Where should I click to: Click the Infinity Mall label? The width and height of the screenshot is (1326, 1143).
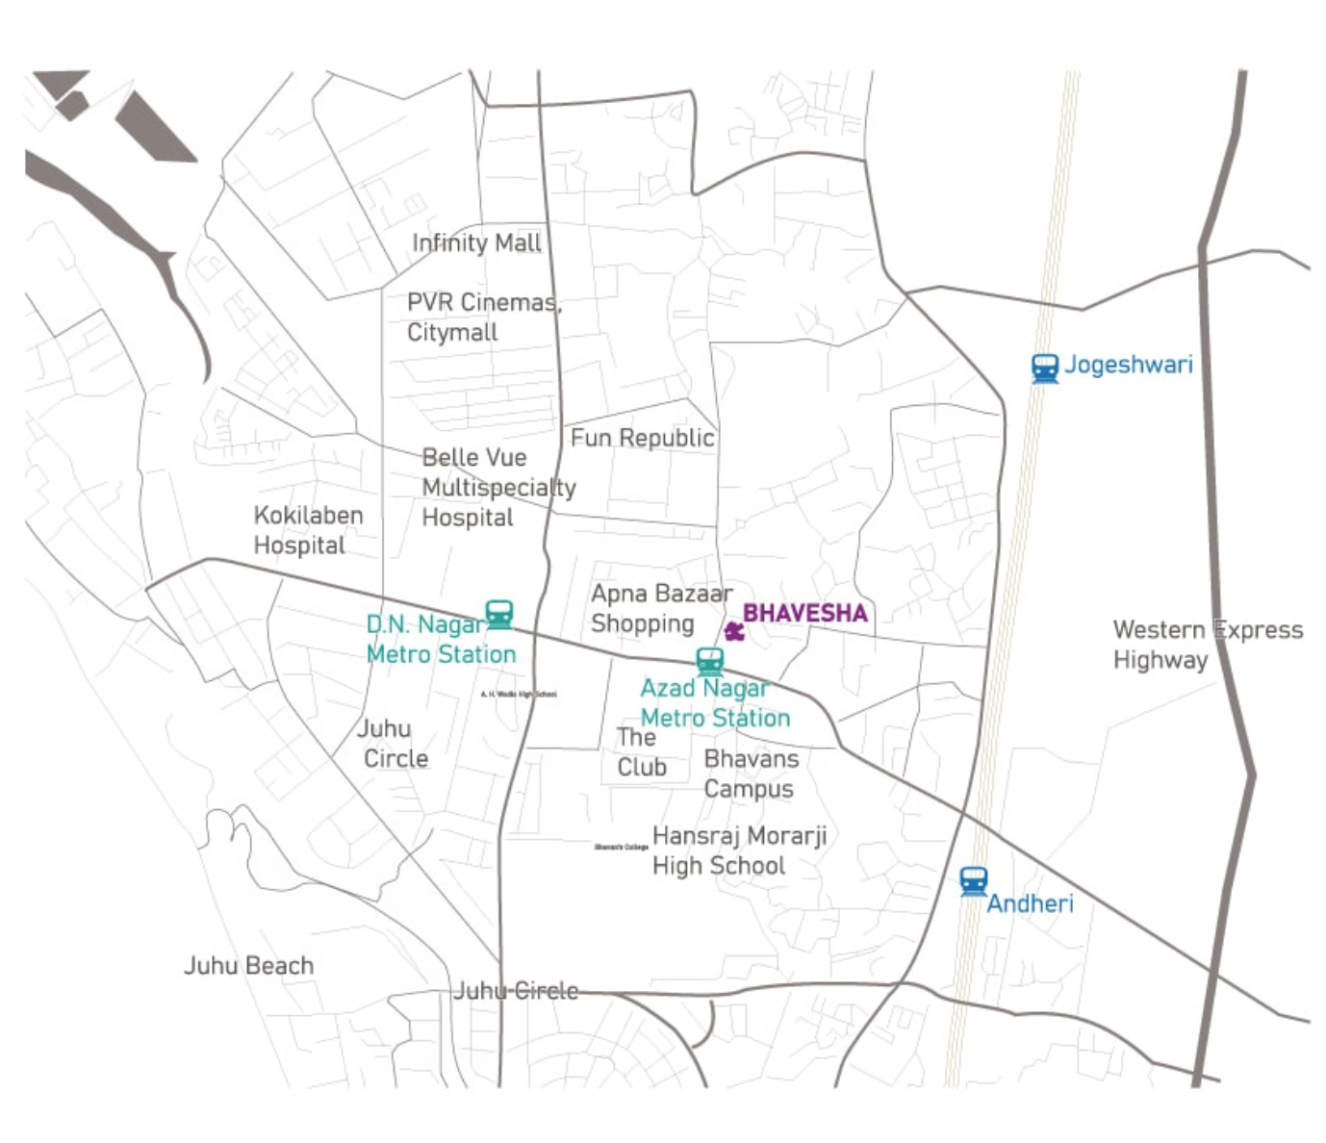click(x=476, y=243)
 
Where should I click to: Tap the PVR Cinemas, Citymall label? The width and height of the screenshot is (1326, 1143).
click(x=483, y=317)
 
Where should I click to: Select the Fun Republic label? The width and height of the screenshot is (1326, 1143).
click(x=642, y=439)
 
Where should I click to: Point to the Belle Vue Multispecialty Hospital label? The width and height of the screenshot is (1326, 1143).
click(x=497, y=488)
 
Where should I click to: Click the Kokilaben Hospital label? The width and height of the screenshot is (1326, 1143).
click(x=308, y=530)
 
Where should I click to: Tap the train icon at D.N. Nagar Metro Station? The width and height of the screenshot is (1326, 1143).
click(x=498, y=614)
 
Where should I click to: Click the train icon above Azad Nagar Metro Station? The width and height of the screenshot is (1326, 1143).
click(x=710, y=661)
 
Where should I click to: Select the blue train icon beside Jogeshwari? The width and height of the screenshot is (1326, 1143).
click(x=1044, y=368)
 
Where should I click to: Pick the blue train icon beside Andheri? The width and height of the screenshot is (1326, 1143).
click(x=973, y=881)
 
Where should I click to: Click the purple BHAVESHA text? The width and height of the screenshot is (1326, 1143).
click(x=804, y=614)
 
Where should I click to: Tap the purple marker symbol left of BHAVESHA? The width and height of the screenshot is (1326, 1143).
click(x=734, y=631)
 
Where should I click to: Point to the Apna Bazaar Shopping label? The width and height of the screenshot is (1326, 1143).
click(x=661, y=608)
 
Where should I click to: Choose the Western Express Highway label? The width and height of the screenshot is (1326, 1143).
click(x=1207, y=645)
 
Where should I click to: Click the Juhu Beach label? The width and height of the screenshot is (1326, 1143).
click(x=248, y=966)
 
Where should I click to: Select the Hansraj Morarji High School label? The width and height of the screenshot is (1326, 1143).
click(x=739, y=851)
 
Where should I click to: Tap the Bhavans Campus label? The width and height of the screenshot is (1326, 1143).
click(x=751, y=774)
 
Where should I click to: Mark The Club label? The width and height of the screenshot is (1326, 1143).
click(x=641, y=752)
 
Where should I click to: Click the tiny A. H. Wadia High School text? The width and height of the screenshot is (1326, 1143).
click(x=518, y=694)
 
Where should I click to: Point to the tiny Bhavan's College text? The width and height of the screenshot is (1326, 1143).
click(x=621, y=847)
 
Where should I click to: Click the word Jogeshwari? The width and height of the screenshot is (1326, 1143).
click(x=1128, y=366)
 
